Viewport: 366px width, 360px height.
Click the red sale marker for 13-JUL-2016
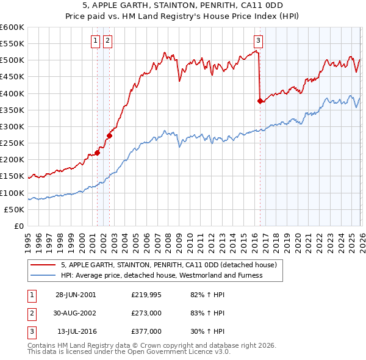point(260,101)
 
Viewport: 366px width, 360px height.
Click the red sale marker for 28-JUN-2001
point(97,153)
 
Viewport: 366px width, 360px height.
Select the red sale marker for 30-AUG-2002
point(110,135)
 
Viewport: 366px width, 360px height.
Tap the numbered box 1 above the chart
point(96,41)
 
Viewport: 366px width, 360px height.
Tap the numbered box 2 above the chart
point(107,41)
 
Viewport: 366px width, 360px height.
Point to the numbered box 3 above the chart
point(258,41)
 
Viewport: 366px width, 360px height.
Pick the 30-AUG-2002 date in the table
point(75,313)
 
